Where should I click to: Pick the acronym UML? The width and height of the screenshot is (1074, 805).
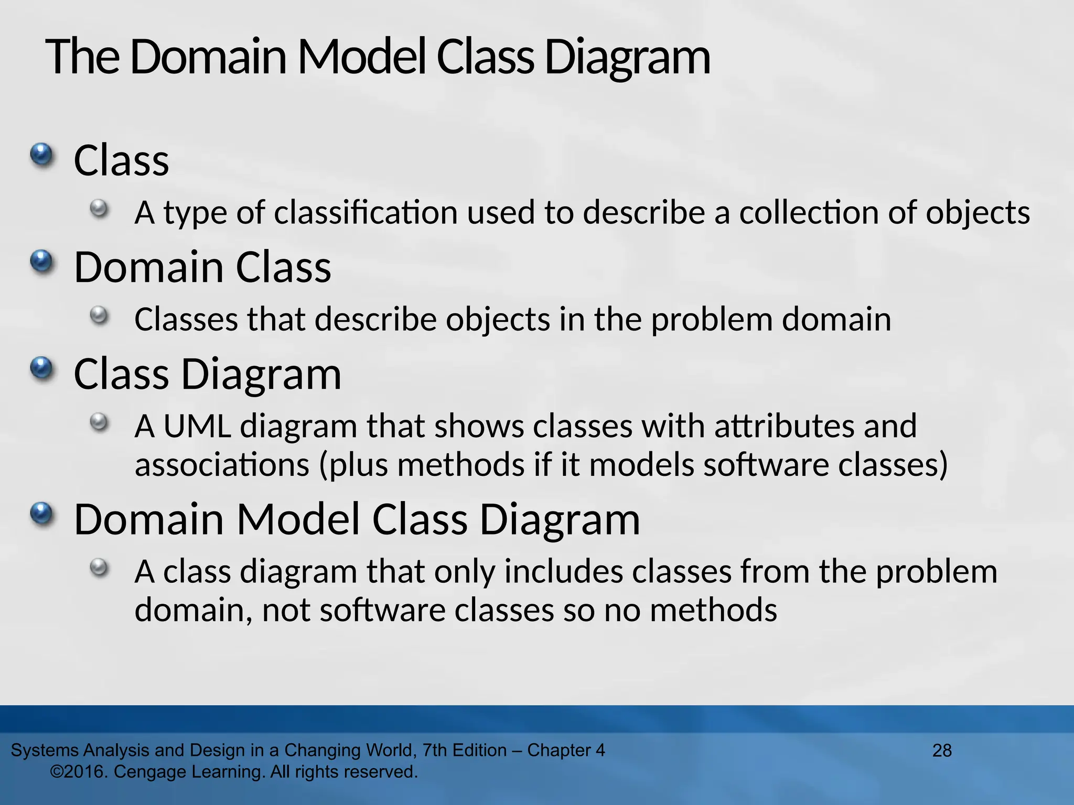(197, 426)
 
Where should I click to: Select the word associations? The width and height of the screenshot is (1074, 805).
(222, 465)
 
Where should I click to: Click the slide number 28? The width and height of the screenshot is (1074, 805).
(942, 750)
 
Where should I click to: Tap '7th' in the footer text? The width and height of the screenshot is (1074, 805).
(435, 750)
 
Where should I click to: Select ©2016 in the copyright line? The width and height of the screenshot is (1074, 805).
(79, 772)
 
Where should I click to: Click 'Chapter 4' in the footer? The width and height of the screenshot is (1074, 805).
(566, 750)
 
